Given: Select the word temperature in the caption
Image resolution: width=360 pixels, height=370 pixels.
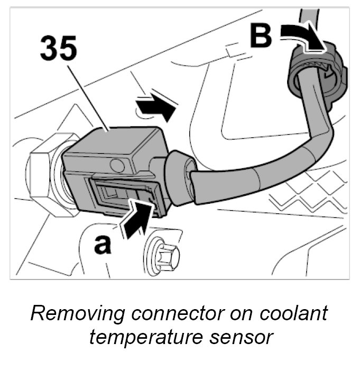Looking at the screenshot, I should pos(151,337).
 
